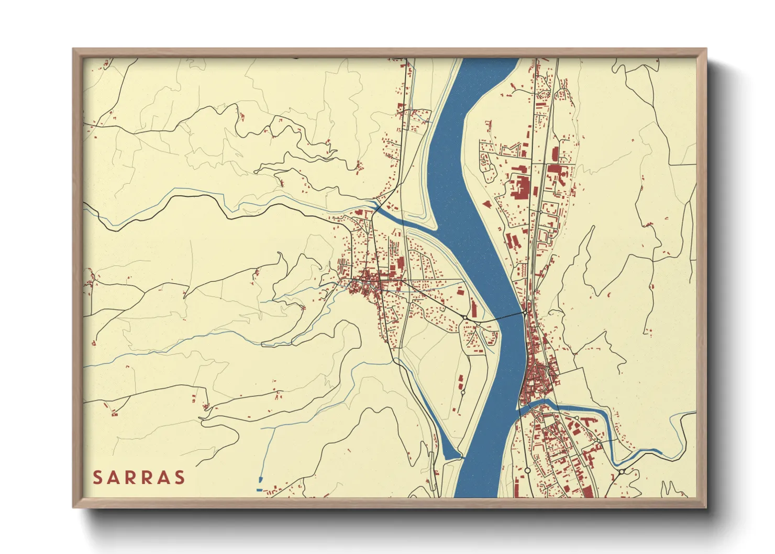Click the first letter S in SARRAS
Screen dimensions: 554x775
point(97,478)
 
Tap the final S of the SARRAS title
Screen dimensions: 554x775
point(180,478)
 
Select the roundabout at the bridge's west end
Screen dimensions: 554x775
point(465,317)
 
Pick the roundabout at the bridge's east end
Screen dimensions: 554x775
point(525,313)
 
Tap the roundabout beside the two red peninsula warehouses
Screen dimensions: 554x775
point(463,392)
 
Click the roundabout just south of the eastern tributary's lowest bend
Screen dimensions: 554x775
point(622,472)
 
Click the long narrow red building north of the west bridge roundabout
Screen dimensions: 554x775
point(474,307)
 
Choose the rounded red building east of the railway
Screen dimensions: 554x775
point(554,154)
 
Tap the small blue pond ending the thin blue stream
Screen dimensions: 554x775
point(260,479)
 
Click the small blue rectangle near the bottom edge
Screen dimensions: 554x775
point(259,490)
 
